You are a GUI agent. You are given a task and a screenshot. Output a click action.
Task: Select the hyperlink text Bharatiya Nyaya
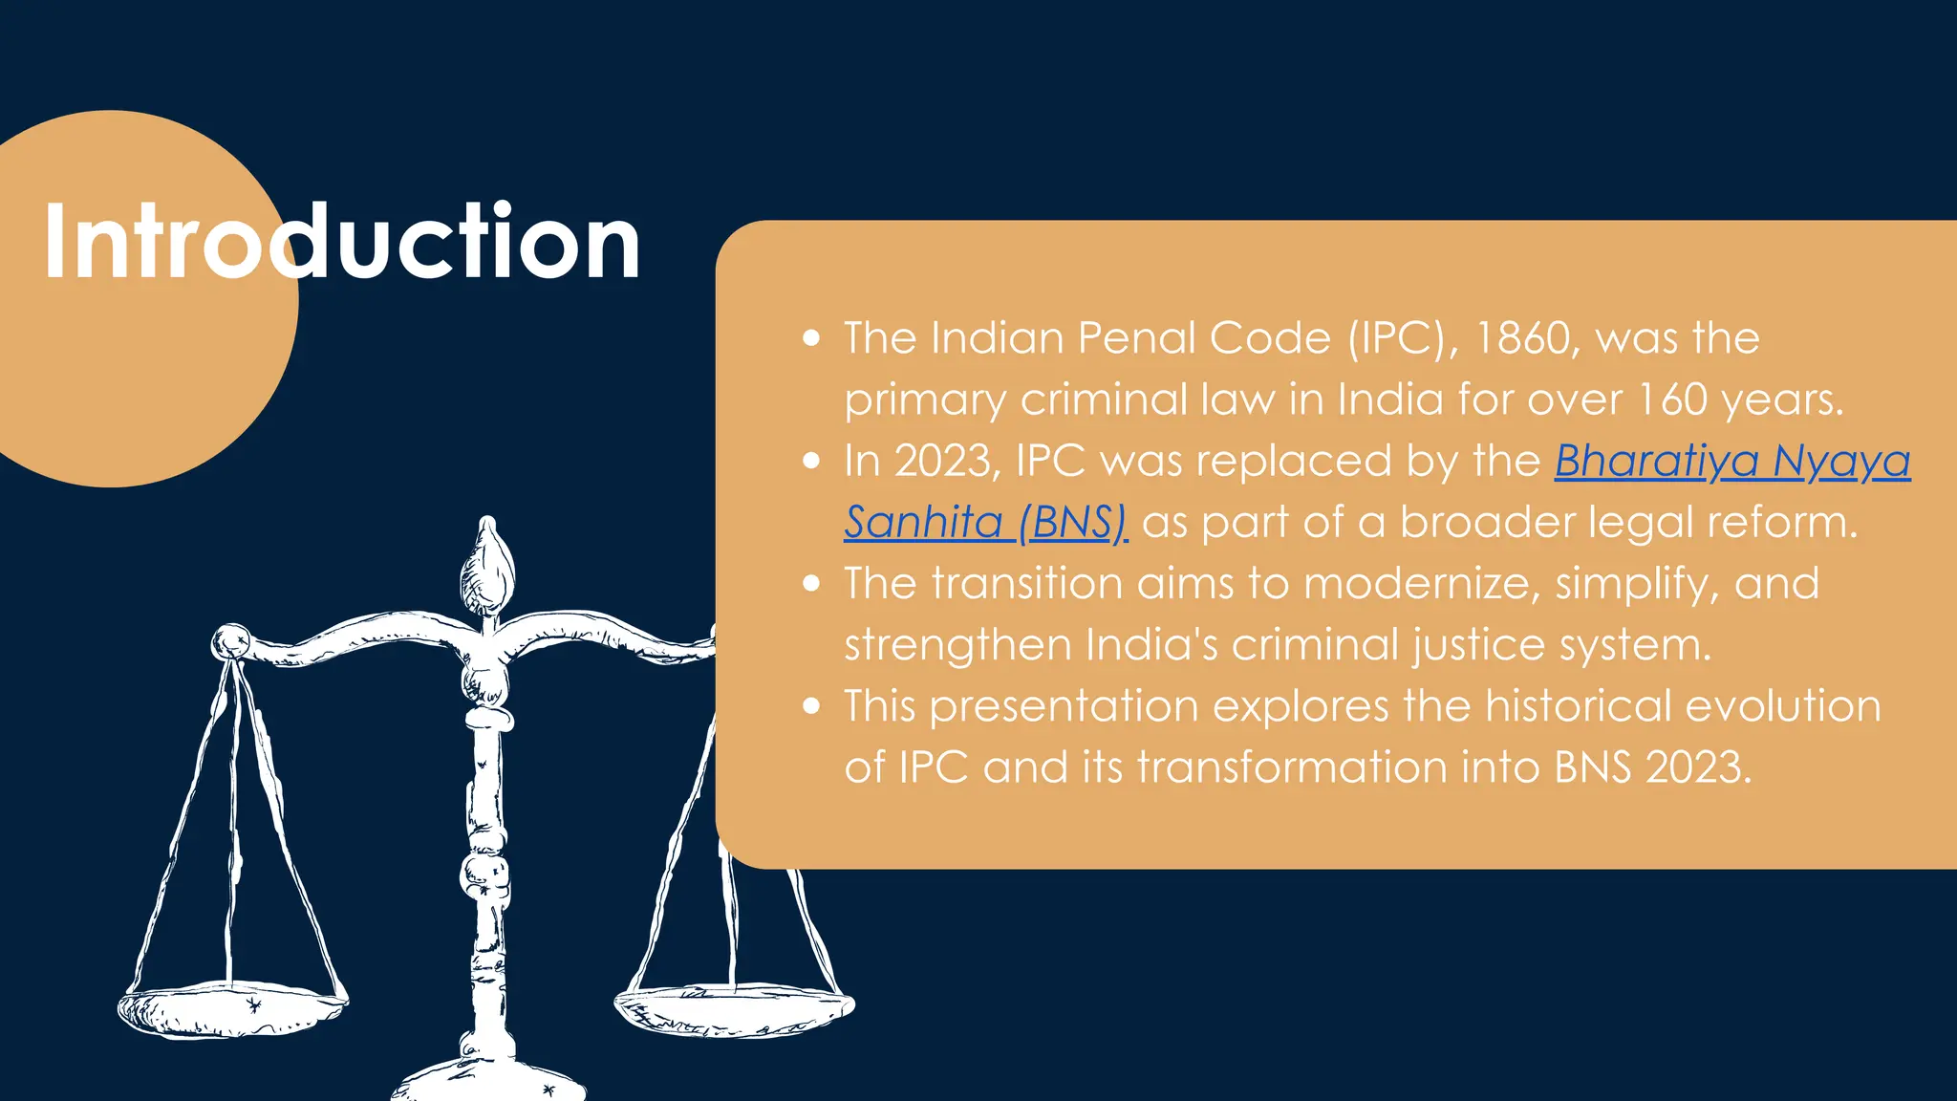point(1731,462)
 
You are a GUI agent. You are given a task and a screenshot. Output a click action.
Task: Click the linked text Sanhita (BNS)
point(985,523)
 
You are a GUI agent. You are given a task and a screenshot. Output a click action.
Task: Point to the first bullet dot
point(811,338)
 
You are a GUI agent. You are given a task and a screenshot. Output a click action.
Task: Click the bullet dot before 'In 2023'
point(811,462)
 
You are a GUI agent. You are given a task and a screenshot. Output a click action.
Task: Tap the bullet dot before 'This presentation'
point(811,706)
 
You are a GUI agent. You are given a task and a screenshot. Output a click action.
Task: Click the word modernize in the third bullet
point(1421,584)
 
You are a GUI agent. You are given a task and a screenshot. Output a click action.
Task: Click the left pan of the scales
point(231,1008)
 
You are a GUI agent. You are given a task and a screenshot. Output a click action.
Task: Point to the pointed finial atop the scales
point(487,564)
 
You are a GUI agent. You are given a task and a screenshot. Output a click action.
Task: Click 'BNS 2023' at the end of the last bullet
point(1653,767)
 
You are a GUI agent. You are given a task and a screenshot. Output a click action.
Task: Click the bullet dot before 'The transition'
point(811,584)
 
